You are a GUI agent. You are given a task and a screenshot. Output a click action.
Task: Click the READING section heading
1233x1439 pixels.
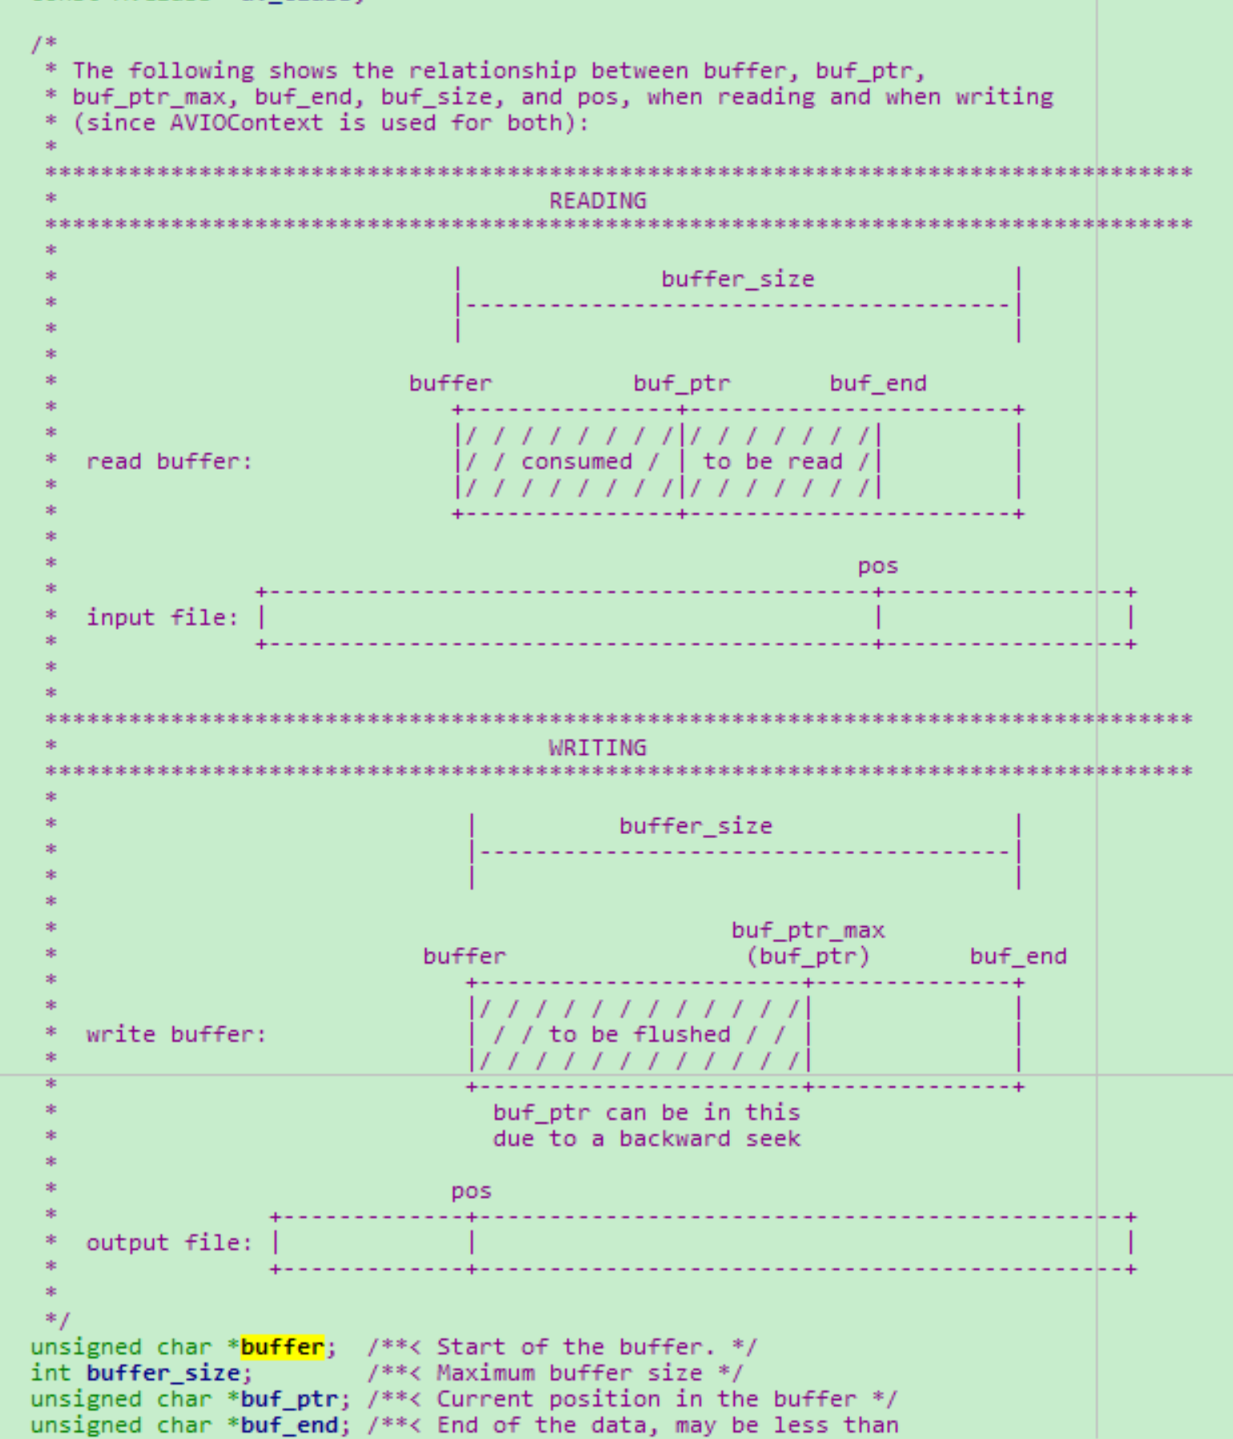pos(598,200)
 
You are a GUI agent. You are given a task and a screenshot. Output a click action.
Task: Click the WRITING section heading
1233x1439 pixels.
pos(598,748)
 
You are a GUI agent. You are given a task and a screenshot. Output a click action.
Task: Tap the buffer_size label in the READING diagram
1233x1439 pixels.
pos(737,279)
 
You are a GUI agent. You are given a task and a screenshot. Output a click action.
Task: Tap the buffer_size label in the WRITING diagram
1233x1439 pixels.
pos(695,826)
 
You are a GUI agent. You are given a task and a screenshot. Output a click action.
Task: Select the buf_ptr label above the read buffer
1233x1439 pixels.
pos(682,383)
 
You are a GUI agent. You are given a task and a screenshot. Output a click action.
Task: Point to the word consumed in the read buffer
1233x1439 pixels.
pos(576,462)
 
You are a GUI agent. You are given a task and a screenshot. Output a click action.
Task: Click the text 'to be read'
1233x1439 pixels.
pos(772,462)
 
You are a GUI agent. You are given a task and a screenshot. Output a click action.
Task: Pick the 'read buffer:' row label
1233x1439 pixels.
pos(169,462)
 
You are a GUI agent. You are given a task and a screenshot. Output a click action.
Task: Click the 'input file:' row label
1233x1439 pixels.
pos(163,618)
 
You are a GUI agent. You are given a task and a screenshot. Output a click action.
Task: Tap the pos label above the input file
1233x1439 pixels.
pos(878,566)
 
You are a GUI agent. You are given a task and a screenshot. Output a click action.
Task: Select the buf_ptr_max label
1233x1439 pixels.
pos(808,930)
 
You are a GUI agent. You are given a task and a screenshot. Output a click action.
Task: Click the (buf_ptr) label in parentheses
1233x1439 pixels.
pos(808,956)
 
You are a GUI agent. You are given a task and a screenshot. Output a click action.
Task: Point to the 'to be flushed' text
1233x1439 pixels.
pos(639,1034)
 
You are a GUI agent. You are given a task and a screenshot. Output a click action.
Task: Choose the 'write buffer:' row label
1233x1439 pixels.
pos(176,1034)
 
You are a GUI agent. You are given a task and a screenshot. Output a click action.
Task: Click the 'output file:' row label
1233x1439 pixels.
pos(169,1243)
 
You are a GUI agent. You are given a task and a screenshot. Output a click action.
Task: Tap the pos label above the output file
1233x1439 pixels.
pos(471,1191)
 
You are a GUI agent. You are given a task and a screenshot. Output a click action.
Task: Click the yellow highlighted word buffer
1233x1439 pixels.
pos(282,1347)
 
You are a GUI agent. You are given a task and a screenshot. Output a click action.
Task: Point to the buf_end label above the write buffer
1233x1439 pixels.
pos(1017,956)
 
